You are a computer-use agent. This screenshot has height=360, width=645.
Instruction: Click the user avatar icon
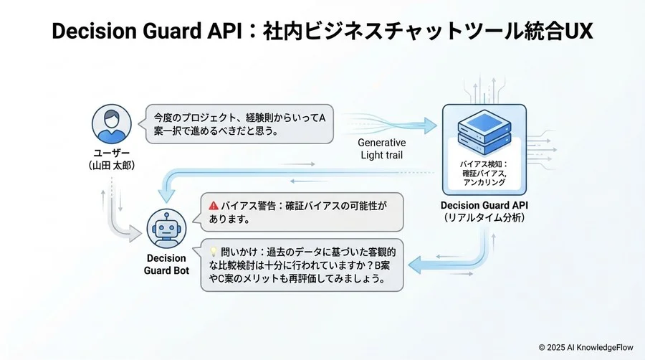112,124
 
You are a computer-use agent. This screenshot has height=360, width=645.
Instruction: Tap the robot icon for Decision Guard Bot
166,229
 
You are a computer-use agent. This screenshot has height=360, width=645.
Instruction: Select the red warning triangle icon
214,206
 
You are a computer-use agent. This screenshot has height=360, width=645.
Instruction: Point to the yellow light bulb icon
213,252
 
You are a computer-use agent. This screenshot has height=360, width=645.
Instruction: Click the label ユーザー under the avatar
112,153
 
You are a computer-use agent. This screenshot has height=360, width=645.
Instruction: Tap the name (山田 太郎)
112,166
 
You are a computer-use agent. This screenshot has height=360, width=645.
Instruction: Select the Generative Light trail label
382,149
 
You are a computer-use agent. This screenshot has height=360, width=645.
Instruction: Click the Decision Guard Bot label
166,264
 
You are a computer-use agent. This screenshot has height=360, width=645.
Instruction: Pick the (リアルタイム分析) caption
484,217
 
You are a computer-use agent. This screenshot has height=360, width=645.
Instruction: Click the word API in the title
223,31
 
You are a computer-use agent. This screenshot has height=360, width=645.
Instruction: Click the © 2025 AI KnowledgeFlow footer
586,347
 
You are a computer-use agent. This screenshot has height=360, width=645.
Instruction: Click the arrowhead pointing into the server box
430,125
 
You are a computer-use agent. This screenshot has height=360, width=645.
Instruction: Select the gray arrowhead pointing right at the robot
135,234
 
